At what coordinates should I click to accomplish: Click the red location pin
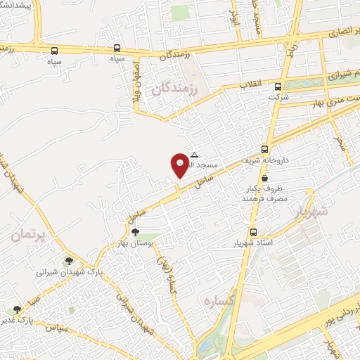click(180, 165)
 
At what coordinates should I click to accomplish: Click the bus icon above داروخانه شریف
click(264, 148)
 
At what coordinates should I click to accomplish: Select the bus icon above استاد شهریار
click(252, 231)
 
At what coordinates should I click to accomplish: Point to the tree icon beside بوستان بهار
click(135, 233)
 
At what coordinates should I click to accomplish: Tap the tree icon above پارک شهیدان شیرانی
click(67, 260)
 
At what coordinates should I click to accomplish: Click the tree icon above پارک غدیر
click(15, 309)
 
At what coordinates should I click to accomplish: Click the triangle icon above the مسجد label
click(195, 155)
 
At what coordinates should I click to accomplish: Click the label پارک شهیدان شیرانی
click(70, 271)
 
